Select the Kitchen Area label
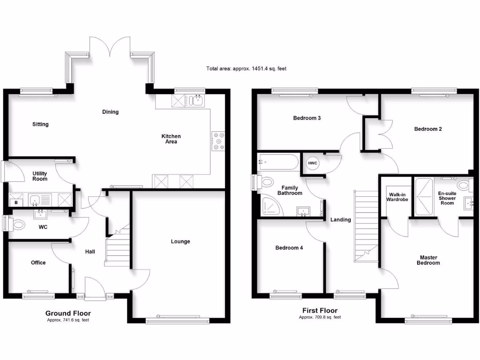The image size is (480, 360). pyautogui.click(x=171, y=139)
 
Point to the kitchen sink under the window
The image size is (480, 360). pyautogui.click(x=196, y=100)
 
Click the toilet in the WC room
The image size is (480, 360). pyautogui.click(x=18, y=225)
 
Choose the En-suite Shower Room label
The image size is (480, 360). pyautogui.click(x=446, y=198)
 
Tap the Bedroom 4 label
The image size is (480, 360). pyautogui.click(x=289, y=247)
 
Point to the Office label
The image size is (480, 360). pyautogui.click(x=38, y=262)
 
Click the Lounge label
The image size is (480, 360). pyautogui.click(x=180, y=241)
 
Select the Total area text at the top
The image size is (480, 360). pyautogui.click(x=246, y=69)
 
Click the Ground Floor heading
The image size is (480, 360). pyautogui.click(x=68, y=313)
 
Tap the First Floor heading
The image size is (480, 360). pyautogui.click(x=320, y=310)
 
